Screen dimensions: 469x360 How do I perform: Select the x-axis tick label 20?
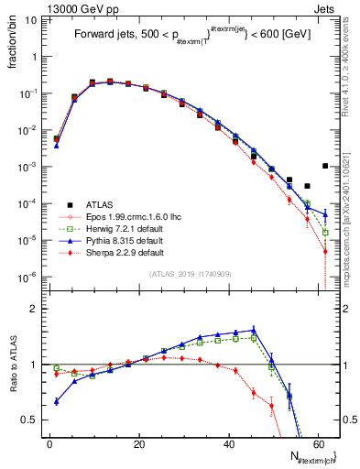[x=138, y=444]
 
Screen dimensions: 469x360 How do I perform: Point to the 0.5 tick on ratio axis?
[x=32, y=420]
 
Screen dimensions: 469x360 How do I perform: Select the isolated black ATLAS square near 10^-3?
[x=325, y=166]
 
